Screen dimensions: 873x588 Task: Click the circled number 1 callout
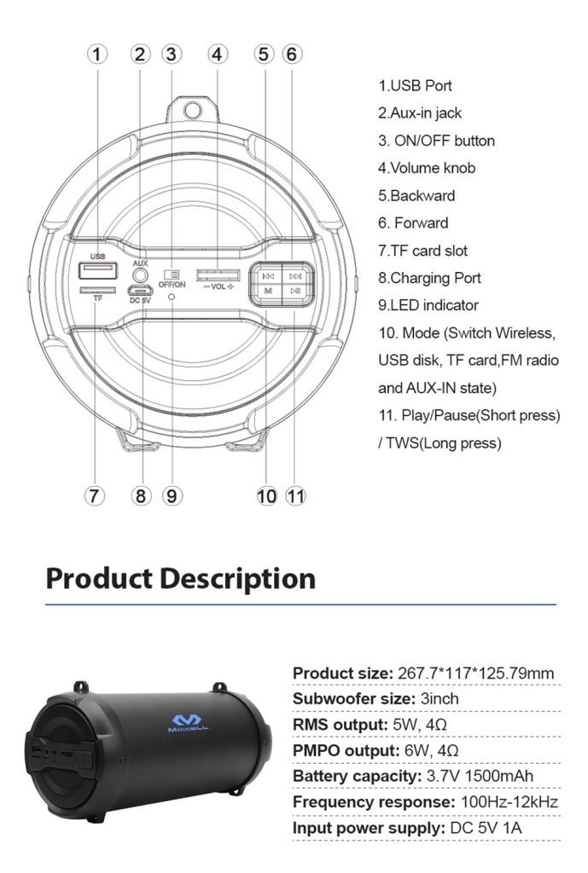coord(98,54)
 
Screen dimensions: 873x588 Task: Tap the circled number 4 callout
coord(218,54)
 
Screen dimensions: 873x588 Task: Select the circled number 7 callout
coord(94,495)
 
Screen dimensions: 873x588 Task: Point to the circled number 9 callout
coord(172,495)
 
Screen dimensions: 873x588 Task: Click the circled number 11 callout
coord(295,495)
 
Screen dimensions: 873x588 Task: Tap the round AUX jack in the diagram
coord(140,276)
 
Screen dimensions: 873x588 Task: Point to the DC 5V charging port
coord(140,289)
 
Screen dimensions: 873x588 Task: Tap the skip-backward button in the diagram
coord(268,275)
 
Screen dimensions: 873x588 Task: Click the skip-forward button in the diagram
coord(295,275)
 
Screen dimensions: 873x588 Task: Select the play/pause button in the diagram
coord(295,292)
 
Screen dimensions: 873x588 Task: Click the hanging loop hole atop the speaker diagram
coord(193,110)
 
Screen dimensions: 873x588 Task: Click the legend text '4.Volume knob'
coord(427,168)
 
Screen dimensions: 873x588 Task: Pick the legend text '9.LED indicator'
coord(428,305)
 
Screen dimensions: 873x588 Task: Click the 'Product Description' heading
coord(180,578)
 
